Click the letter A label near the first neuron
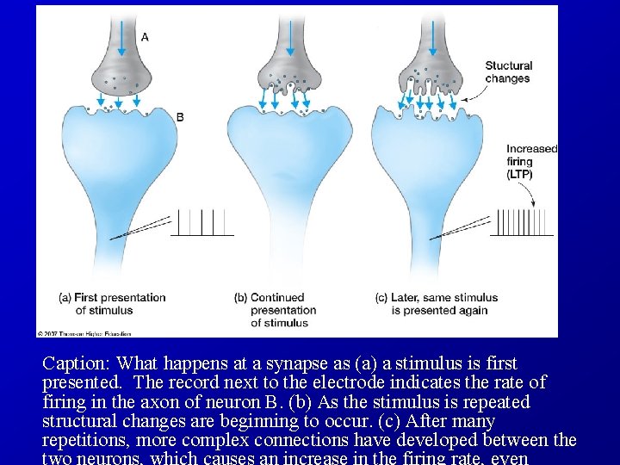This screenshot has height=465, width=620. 144,37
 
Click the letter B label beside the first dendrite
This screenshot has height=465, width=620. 179,117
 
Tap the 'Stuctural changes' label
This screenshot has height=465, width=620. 508,72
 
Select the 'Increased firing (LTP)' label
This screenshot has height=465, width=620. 531,161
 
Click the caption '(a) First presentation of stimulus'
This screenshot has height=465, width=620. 112,303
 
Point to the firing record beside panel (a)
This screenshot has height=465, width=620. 202,222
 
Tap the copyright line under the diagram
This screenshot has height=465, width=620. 84,332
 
